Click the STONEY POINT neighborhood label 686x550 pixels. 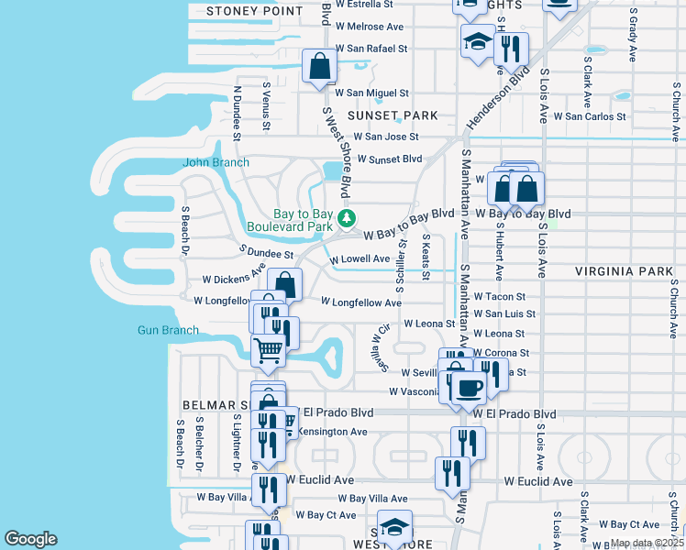(x=254, y=11)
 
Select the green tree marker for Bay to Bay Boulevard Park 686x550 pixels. (x=347, y=217)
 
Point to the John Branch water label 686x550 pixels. (x=216, y=163)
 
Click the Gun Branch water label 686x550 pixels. (x=168, y=330)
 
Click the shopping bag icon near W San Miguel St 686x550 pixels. (x=319, y=67)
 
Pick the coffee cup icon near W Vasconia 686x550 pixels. (x=468, y=386)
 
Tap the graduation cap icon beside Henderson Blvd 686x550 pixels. (x=477, y=42)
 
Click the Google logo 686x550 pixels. (x=30, y=539)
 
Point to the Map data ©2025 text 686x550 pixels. (x=647, y=543)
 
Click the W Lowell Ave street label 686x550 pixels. (x=360, y=259)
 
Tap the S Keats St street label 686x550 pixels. (x=426, y=258)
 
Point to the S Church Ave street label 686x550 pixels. (x=673, y=302)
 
